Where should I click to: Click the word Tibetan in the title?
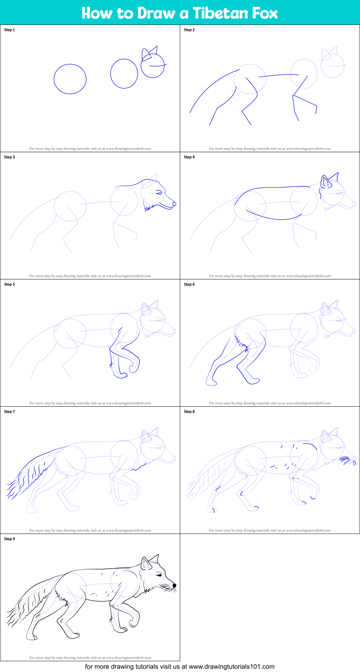pos(220,13)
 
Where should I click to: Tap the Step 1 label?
pos(9,30)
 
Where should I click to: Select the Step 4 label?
pos(189,157)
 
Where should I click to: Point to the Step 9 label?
pos(9,539)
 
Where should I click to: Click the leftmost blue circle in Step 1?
pos(70,79)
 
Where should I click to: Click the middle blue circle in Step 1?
pos(124,74)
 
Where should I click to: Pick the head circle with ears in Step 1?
pos(152,65)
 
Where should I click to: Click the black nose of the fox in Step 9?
pos(174,585)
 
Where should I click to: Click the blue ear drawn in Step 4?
pos(325,181)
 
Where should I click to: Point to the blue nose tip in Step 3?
pos(174,204)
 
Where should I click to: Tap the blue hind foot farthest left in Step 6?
pos(212,383)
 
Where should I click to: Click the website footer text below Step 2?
pos(270,149)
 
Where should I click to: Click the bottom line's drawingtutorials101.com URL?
pos(231,667)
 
